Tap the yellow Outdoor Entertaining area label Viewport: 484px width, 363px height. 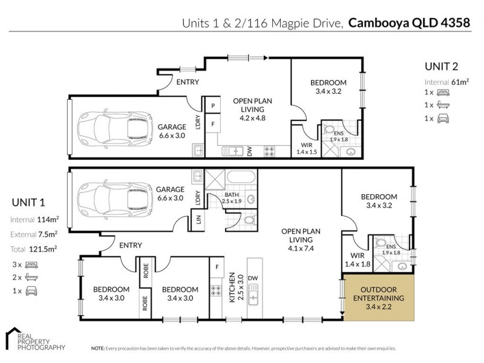[x=379, y=298]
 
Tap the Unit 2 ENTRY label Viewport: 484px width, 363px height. [x=188, y=82]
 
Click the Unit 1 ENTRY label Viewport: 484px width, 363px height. [x=130, y=245]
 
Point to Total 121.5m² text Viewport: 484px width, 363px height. [x=34, y=249]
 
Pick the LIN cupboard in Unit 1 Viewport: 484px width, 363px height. [x=198, y=221]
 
